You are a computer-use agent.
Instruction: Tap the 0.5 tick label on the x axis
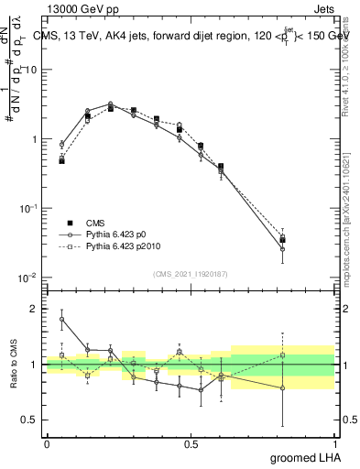click(x=191, y=443)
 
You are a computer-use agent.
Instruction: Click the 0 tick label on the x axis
click(x=47, y=443)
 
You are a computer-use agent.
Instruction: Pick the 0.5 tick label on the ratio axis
click(x=30, y=420)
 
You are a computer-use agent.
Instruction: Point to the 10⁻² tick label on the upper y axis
click(x=27, y=277)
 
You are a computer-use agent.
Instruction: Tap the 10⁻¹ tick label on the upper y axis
click(x=27, y=208)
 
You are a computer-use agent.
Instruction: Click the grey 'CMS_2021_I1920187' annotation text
click(x=191, y=273)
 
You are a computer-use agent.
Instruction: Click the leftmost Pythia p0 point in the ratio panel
click(x=61, y=319)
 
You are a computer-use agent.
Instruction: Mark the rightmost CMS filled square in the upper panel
click(x=308, y=241)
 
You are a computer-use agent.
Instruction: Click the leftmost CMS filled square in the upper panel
click(x=61, y=160)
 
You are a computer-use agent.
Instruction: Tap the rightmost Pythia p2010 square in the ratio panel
click(x=308, y=355)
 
